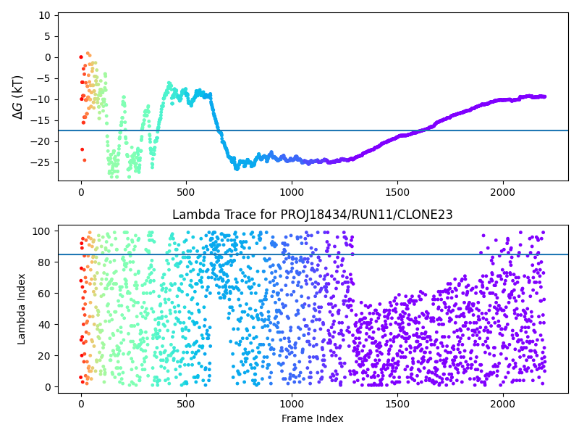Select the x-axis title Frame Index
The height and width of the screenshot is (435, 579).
click(x=313, y=418)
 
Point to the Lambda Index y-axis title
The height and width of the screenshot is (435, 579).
click(x=22, y=309)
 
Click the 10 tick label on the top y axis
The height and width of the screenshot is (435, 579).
click(x=45, y=15)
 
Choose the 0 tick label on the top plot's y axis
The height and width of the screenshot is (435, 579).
click(x=48, y=57)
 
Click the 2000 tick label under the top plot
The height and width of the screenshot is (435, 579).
click(x=502, y=191)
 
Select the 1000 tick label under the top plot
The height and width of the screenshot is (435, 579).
click(x=292, y=191)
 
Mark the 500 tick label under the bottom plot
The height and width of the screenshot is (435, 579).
click(x=186, y=402)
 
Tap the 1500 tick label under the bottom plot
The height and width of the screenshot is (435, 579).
click(x=397, y=402)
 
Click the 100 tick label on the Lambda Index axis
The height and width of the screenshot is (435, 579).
click(x=42, y=231)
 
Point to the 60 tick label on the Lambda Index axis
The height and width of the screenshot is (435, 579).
click(x=45, y=294)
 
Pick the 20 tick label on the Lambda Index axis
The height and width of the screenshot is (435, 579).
click(x=45, y=356)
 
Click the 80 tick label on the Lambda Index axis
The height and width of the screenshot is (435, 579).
click(x=45, y=262)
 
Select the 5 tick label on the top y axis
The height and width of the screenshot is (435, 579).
click(x=48, y=36)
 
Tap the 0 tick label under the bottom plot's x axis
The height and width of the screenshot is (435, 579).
click(x=81, y=402)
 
